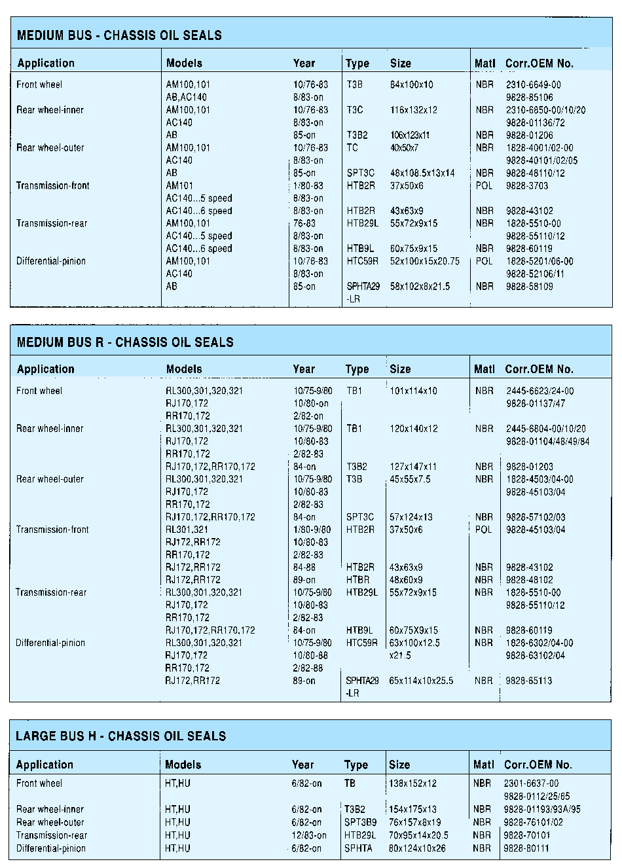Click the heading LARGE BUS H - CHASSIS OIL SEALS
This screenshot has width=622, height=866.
[120, 735]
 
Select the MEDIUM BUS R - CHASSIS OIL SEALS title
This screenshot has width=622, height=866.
[125, 342]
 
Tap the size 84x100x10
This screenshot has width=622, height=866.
[412, 84]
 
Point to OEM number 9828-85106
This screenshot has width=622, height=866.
[529, 97]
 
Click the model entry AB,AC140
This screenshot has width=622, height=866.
[186, 97]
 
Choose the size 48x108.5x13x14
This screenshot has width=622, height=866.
[422, 173]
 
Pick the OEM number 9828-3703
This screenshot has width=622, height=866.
[527, 186]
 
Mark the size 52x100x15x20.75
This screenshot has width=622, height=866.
[425, 261]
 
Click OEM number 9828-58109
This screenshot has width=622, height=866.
[529, 287]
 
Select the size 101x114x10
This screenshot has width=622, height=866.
[413, 391]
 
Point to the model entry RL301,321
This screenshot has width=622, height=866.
[187, 530]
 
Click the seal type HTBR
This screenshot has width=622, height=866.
[357, 579]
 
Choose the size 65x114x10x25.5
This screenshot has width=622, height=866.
[421, 681]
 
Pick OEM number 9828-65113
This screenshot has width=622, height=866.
[529, 681]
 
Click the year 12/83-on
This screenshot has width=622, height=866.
[309, 835]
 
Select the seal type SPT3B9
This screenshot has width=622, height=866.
[361, 822]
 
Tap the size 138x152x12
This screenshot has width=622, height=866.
[412, 783]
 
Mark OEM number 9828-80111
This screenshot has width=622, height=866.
[526, 848]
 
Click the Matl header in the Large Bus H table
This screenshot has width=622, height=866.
[483, 765]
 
